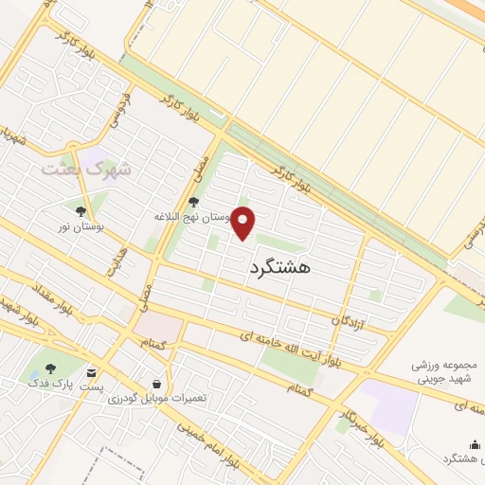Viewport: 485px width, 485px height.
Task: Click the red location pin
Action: coord(244,224)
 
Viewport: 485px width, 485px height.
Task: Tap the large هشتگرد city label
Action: coord(282,269)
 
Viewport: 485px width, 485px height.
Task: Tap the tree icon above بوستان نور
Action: coord(81,211)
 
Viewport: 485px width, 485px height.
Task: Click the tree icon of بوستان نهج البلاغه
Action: coord(193,202)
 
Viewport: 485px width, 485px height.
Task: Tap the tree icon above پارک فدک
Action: coord(51,369)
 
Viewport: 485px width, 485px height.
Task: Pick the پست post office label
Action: coord(92,386)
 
